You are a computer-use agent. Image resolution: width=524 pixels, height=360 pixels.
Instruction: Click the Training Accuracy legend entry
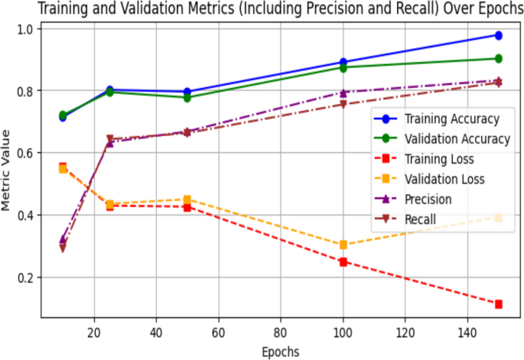coord(451,118)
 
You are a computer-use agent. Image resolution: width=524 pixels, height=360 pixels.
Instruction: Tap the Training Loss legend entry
coord(439,160)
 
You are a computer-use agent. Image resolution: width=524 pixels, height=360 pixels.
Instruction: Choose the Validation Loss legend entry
coord(444,180)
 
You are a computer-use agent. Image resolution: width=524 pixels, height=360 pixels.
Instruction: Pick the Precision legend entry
coord(428,199)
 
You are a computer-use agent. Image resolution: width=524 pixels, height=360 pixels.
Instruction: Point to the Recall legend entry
coord(420,219)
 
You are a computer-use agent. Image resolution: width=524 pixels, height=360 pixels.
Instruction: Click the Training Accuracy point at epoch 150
coord(498,35)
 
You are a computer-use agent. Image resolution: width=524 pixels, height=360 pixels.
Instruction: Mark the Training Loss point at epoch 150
coord(498,304)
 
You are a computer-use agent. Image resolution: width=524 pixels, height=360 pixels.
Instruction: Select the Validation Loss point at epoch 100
coord(343,245)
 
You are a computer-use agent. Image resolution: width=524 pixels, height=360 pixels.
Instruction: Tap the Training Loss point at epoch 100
coord(343,261)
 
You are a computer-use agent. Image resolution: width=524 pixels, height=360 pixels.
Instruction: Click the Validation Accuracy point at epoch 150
coord(498,59)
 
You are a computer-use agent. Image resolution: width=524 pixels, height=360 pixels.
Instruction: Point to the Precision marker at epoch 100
coord(343,92)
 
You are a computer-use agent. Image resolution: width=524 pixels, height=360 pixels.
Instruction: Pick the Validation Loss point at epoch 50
coord(187,199)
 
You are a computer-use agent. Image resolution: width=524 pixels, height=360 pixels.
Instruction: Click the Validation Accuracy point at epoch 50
coord(187,98)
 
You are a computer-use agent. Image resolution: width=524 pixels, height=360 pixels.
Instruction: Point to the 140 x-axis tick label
coord(467,330)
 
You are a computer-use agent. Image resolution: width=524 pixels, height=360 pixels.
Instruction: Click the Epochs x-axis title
coord(280,351)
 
